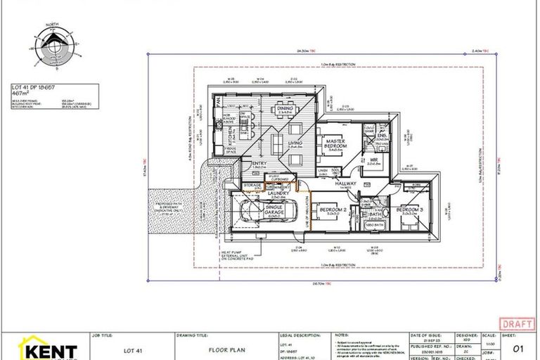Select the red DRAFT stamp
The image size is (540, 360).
517,323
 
